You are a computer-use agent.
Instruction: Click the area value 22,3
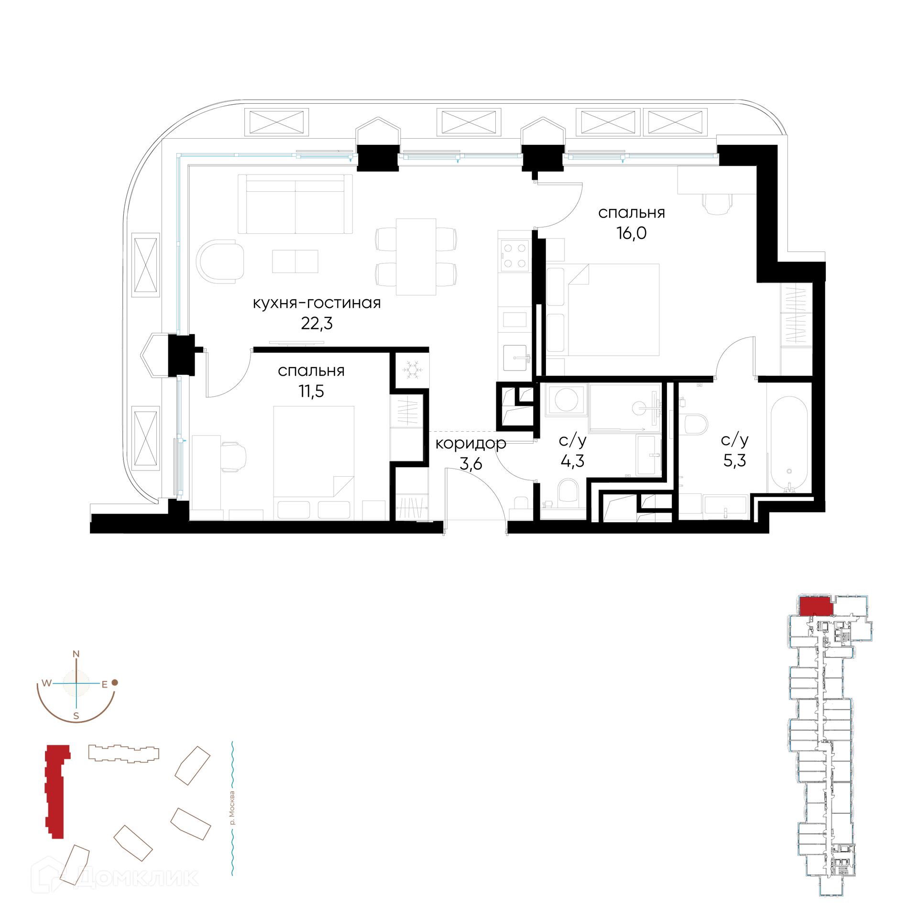point(317,324)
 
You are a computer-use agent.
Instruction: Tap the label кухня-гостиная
point(317,303)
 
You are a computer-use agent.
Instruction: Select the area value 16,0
point(631,233)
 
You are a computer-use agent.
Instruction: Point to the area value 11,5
point(311,391)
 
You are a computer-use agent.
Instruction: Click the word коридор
point(470,444)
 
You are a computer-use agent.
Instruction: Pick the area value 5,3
point(734,460)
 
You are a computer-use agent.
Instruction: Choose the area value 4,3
point(572,461)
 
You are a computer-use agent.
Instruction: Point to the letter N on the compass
point(76,654)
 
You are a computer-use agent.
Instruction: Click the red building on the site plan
point(57,791)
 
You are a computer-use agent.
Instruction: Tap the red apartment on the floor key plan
point(816,606)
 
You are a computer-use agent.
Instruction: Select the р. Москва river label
point(232,808)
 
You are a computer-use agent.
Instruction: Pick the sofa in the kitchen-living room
point(295,204)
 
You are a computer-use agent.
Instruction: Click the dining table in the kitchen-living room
point(416,257)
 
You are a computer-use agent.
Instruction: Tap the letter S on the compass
point(76,716)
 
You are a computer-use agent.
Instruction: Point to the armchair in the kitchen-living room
point(220,262)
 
